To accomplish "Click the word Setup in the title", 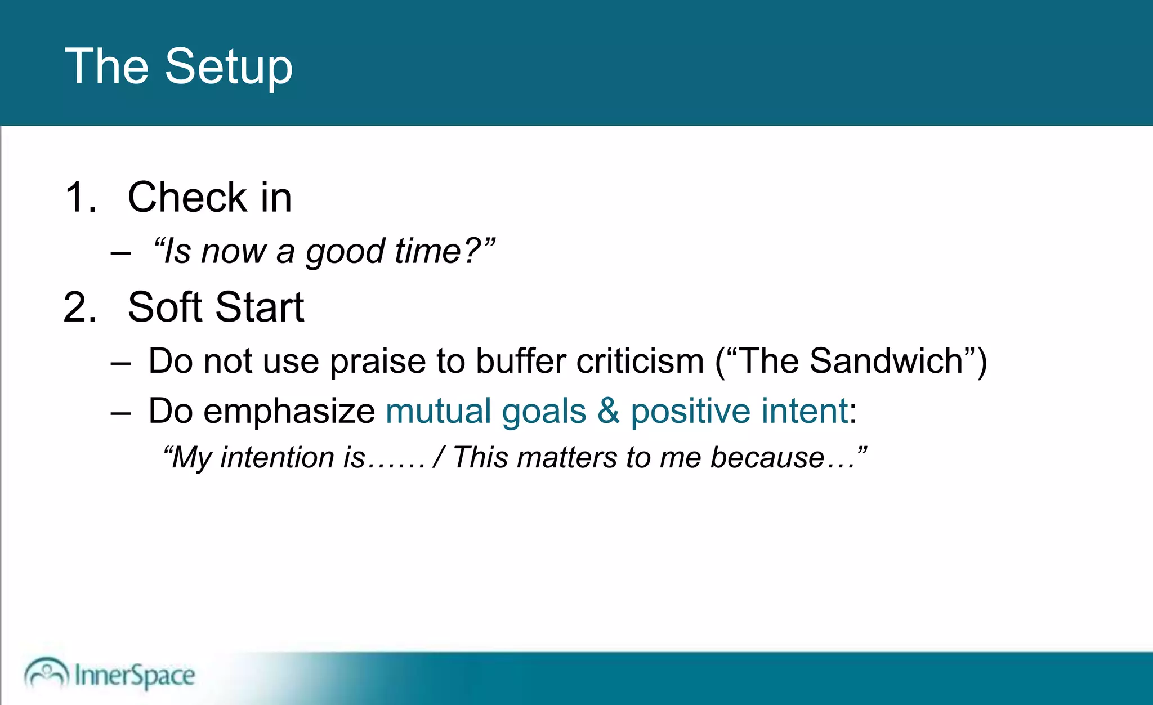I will point(229,68).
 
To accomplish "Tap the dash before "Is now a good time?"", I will point(120,253).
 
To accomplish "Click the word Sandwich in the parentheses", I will point(886,361).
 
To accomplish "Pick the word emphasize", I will point(289,412).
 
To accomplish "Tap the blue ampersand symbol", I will point(608,411).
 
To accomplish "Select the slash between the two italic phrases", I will point(439,457).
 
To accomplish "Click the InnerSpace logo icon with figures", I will point(46,673).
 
